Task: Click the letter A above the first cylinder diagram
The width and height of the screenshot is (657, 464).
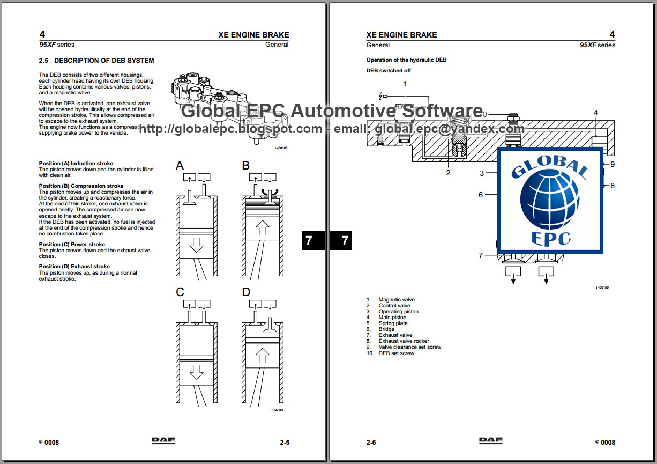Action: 180,166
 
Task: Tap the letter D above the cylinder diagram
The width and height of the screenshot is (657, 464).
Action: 246,292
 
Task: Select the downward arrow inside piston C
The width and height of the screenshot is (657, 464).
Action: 197,372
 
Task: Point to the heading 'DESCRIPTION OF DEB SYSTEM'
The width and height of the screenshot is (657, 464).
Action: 104,61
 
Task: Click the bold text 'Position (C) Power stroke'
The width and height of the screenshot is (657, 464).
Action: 72,245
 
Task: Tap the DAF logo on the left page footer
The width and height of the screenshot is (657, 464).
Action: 163,441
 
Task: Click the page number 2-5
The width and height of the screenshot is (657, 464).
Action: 285,443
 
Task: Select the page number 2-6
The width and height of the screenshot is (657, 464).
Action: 371,443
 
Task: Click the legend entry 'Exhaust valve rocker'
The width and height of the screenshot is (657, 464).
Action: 404,341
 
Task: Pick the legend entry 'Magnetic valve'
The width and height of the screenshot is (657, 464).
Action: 397,300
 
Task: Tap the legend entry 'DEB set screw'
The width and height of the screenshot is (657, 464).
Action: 396,353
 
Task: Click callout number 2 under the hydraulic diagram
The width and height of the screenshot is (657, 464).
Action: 449,173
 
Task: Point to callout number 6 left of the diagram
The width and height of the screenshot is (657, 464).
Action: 481,195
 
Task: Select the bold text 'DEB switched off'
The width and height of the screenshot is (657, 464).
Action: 389,71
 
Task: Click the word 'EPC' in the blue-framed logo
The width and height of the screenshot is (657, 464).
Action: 550,237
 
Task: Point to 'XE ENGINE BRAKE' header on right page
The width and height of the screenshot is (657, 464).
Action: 401,35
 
